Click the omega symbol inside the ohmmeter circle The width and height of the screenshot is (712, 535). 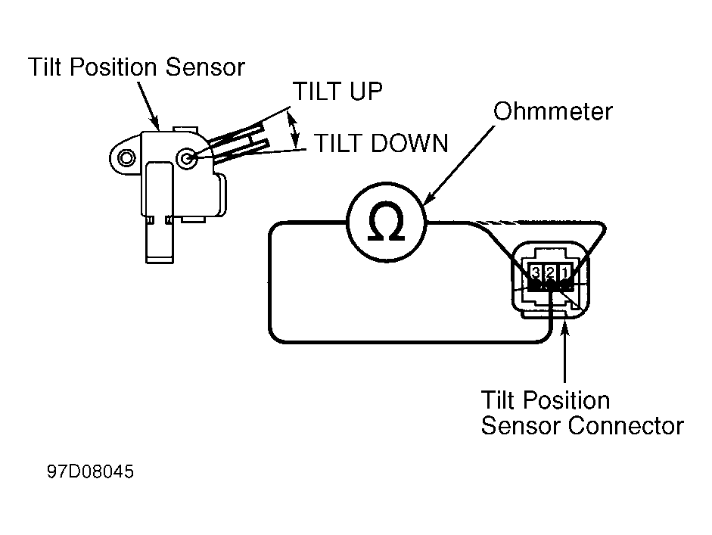click(x=386, y=221)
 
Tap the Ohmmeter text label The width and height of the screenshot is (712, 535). click(x=552, y=111)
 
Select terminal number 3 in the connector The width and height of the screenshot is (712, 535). click(x=536, y=272)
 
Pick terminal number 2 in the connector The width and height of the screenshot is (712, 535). click(x=550, y=272)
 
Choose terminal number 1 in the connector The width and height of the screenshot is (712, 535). click(x=565, y=272)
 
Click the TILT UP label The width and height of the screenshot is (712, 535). click(x=337, y=92)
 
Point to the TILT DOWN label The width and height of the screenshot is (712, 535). click(x=381, y=143)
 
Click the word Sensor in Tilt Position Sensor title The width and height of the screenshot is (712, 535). click(x=205, y=67)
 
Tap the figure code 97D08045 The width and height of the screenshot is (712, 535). click(x=90, y=471)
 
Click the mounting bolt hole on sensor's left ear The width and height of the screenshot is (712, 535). click(x=126, y=158)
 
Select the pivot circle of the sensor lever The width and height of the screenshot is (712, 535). click(x=187, y=158)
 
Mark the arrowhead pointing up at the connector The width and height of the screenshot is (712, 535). click(x=565, y=327)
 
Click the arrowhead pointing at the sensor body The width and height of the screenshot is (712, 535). click(x=154, y=122)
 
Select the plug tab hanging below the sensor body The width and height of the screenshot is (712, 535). click(x=160, y=239)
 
